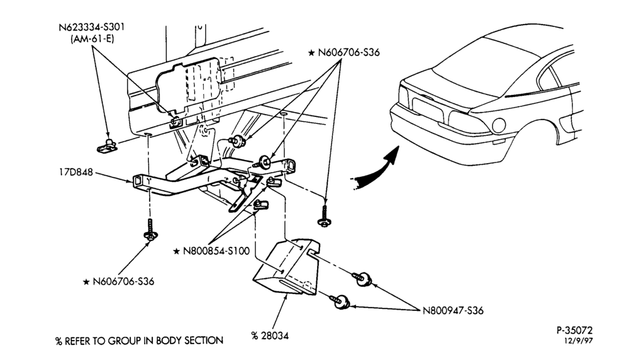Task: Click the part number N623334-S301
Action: pyautogui.click(x=91, y=27)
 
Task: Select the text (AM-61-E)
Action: pyautogui.click(x=92, y=39)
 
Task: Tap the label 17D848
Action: pyautogui.click(x=76, y=172)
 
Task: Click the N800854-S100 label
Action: pyautogui.click(x=216, y=251)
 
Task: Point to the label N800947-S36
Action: pyautogui.click(x=453, y=311)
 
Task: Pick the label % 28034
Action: pyautogui.click(x=270, y=335)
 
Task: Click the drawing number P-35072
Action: pyautogui.click(x=574, y=330)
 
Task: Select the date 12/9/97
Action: pyautogui.click(x=579, y=340)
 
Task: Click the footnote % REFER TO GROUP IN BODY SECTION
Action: pyautogui.click(x=139, y=341)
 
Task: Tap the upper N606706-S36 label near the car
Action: pyautogui.click(x=348, y=53)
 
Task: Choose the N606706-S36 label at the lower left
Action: pyautogui.click(x=123, y=281)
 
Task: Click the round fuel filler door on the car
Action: pyautogui.click(x=499, y=125)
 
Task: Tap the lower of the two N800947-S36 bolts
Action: pyautogui.click(x=340, y=301)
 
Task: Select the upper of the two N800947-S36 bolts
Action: pyautogui.click(x=362, y=279)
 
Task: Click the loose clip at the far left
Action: pyautogui.click(x=107, y=145)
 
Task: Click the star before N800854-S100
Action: pyautogui.click(x=177, y=252)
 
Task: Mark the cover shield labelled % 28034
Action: pyautogui.click(x=286, y=267)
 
